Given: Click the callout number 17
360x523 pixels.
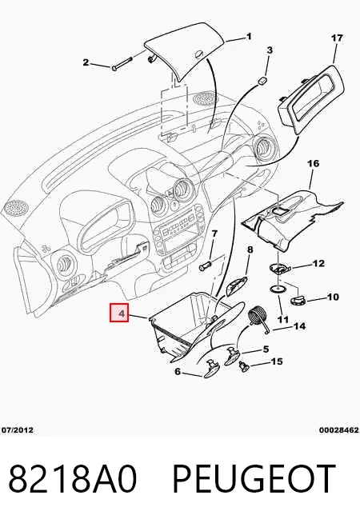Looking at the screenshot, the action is [x=337, y=38].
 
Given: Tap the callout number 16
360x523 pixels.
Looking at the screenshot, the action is [x=313, y=163].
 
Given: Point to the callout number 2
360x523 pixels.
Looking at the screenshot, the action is [x=86, y=62].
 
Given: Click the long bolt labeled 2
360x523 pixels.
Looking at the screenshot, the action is [x=122, y=64].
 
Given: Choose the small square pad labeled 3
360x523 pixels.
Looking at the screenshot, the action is [x=263, y=80].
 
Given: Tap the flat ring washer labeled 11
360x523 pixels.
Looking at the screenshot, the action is [x=278, y=288].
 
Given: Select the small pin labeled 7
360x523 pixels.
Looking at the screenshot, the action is [x=204, y=267].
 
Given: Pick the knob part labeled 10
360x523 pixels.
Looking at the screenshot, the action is [x=298, y=300].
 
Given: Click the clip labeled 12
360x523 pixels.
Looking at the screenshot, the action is [x=279, y=268].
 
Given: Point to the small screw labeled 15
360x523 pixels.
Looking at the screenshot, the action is [x=244, y=366].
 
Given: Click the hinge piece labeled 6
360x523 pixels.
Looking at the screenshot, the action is [x=212, y=368].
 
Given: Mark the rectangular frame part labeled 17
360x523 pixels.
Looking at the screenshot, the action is [x=310, y=100].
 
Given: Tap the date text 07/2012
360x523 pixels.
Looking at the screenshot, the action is [x=18, y=430].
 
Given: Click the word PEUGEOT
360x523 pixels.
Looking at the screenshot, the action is [x=254, y=479].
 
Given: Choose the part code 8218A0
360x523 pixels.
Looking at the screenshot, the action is [x=73, y=479].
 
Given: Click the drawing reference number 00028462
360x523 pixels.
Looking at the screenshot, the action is [x=339, y=430].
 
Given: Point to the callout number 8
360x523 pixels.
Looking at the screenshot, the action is [x=250, y=250].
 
